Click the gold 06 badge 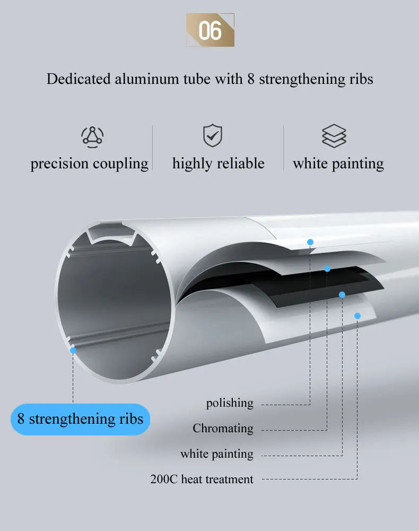(x=210, y=30)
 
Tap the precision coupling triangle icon (x=92, y=136)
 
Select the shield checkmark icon (x=213, y=136)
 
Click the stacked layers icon (x=334, y=136)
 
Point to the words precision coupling (x=90, y=164)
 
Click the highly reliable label (x=218, y=164)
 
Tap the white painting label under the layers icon (x=338, y=164)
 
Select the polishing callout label (x=230, y=404)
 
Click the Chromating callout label (x=223, y=429)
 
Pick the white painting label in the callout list (x=216, y=454)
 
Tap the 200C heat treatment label (x=202, y=479)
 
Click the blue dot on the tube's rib (x=73, y=350)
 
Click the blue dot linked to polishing (x=310, y=242)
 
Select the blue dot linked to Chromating (x=327, y=269)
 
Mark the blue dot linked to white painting (x=342, y=294)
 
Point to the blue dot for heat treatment (x=357, y=316)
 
